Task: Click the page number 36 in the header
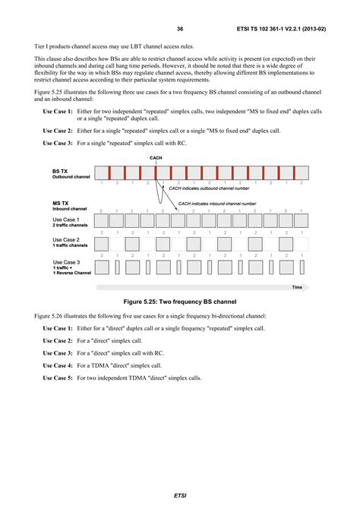[180, 29]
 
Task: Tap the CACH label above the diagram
[156, 159]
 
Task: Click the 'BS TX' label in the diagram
[62, 172]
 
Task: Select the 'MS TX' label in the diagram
[62, 203]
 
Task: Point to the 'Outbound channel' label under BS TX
[71, 178]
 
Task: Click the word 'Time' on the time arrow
[296, 287]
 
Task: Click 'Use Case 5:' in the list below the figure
[58, 378]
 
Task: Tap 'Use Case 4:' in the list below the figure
[58, 365]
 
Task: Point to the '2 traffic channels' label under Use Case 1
[71, 226]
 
